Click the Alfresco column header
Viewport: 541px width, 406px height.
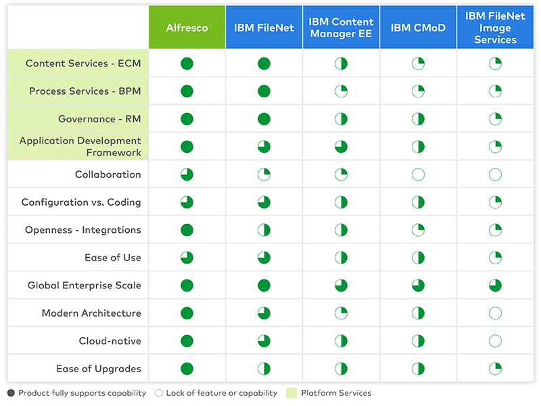(x=187, y=28)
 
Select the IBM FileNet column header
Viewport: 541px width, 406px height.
(x=264, y=28)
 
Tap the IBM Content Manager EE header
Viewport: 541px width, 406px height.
(x=342, y=28)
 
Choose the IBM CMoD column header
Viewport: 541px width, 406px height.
(x=418, y=28)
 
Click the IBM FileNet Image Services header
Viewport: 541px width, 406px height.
(x=495, y=28)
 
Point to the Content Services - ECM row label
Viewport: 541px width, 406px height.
(x=83, y=64)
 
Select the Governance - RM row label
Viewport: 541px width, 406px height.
(x=99, y=119)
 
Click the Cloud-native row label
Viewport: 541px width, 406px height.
(x=110, y=341)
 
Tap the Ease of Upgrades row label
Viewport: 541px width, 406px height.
(x=99, y=369)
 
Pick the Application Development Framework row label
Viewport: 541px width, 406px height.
(x=80, y=147)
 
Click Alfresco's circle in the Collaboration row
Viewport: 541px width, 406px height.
(x=187, y=175)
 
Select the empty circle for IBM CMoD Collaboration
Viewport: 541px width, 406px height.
(x=418, y=175)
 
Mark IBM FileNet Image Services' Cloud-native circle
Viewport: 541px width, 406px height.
(x=495, y=341)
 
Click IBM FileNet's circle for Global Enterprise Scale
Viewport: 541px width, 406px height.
(x=264, y=286)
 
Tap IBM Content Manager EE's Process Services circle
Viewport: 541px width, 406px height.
(x=342, y=91)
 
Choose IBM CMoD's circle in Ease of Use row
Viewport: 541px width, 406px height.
(x=418, y=258)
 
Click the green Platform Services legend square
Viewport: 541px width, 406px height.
(x=291, y=393)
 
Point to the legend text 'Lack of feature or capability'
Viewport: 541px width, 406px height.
(x=222, y=393)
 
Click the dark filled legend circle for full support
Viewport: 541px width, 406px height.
(x=11, y=393)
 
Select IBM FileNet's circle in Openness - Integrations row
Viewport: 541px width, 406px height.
(x=264, y=230)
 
